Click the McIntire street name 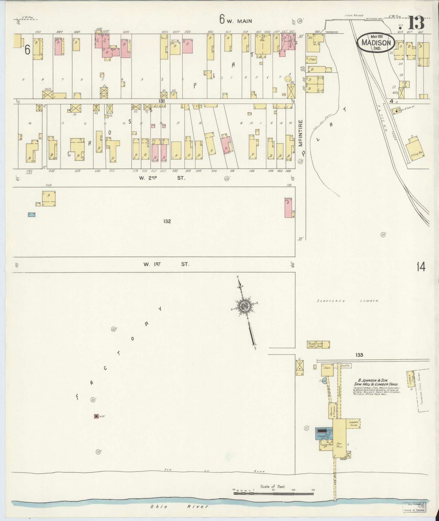click(x=301, y=133)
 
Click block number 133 click(x=359, y=355)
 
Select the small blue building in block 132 click(x=32, y=215)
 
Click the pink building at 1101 click(x=288, y=208)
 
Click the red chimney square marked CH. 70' click(x=96, y=424)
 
